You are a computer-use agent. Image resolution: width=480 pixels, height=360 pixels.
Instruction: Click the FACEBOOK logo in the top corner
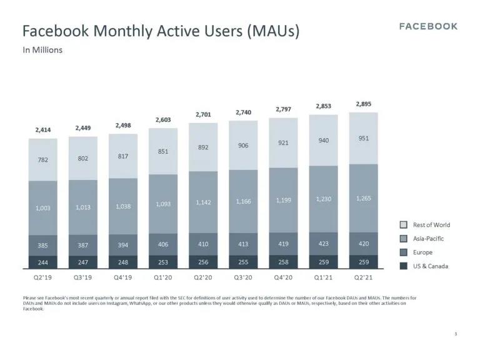click(x=428, y=26)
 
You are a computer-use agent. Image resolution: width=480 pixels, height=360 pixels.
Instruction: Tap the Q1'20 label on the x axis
click(x=163, y=277)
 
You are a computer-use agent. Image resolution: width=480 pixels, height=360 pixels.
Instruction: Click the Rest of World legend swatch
click(x=404, y=225)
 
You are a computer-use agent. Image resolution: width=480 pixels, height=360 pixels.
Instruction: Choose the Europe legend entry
click(x=423, y=252)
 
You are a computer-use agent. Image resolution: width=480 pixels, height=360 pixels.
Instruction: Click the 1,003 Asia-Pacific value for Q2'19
click(x=43, y=208)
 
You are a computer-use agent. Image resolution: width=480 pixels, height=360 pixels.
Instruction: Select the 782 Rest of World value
click(x=43, y=160)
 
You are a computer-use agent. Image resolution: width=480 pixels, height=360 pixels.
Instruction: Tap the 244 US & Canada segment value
click(x=43, y=262)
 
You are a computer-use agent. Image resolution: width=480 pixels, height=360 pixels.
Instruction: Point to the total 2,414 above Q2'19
click(x=43, y=130)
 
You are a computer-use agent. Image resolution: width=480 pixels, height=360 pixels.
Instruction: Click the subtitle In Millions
click(x=42, y=50)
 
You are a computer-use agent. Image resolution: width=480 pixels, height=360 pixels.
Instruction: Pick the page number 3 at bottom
click(x=456, y=334)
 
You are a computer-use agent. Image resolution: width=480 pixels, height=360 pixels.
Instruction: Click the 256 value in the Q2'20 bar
click(x=203, y=262)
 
